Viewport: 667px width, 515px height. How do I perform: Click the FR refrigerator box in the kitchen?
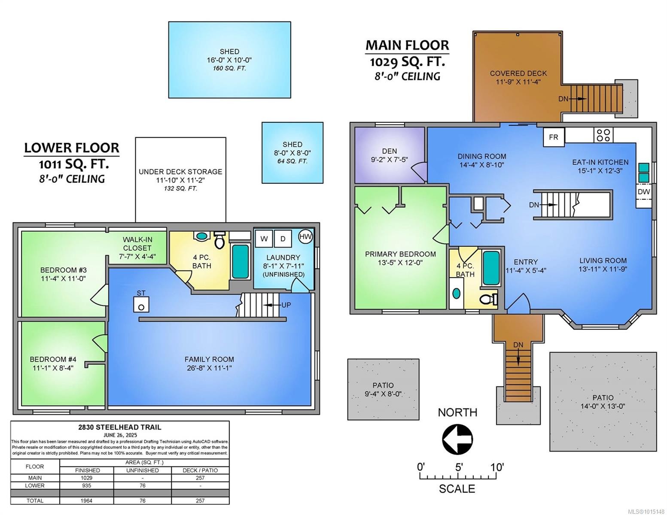554,137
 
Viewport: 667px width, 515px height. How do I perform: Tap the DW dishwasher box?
643,192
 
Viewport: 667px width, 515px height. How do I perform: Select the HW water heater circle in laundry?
305,236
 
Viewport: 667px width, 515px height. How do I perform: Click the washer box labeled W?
264,239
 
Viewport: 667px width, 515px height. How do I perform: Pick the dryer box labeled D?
283,239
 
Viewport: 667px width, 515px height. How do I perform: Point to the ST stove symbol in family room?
141,305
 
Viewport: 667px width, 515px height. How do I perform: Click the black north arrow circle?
457,439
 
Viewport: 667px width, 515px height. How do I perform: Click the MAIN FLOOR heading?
407,45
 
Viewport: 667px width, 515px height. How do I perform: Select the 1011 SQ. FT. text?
73,164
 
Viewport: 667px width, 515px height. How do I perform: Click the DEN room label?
389,151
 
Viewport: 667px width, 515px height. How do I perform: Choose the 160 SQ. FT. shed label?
229,68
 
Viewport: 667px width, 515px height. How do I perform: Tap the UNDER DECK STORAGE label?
180,172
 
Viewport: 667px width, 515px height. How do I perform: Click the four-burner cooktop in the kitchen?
603,135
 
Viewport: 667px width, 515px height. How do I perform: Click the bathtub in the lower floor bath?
240,261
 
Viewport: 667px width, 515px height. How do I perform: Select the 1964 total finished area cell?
87,500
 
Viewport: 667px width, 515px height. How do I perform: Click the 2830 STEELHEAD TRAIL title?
120,427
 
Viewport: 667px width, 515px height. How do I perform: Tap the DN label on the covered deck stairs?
563,99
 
